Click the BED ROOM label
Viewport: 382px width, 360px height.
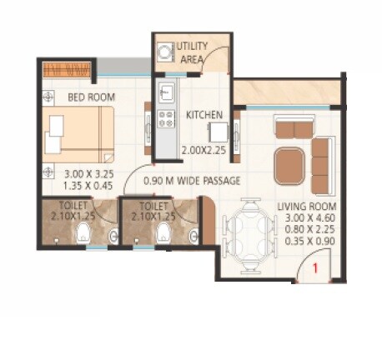click(91, 97)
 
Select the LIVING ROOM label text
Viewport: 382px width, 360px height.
click(307, 206)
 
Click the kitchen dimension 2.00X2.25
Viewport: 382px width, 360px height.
click(204, 151)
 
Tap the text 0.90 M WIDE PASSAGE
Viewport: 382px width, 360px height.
click(192, 180)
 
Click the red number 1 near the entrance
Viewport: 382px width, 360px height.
click(315, 268)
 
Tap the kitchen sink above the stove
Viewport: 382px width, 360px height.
click(165, 89)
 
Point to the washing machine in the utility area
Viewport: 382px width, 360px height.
click(164, 52)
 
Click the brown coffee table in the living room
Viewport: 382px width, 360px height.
click(289, 161)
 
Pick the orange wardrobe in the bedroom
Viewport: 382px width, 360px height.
click(65, 69)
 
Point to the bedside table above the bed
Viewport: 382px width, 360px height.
click(46, 97)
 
